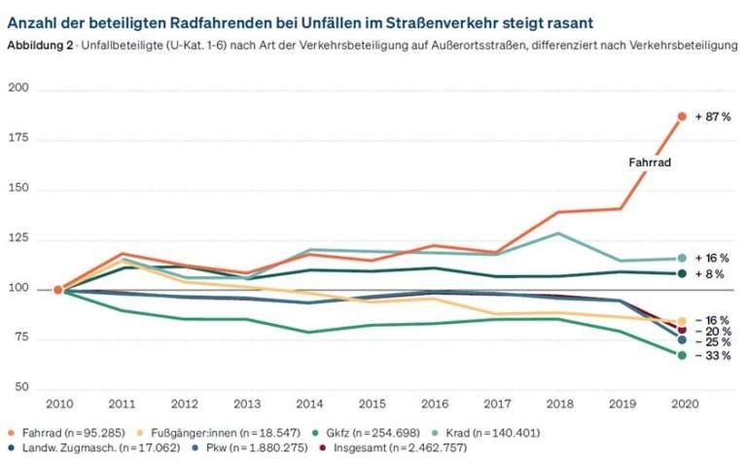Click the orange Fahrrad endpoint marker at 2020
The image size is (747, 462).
click(682, 116)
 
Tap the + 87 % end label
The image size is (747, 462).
click(712, 116)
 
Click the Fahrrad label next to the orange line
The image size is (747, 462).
click(650, 163)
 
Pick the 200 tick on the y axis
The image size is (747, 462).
click(20, 89)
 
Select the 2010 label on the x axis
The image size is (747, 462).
click(58, 403)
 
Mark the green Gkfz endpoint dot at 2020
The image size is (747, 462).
click(682, 355)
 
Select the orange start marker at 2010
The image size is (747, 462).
click(58, 290)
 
